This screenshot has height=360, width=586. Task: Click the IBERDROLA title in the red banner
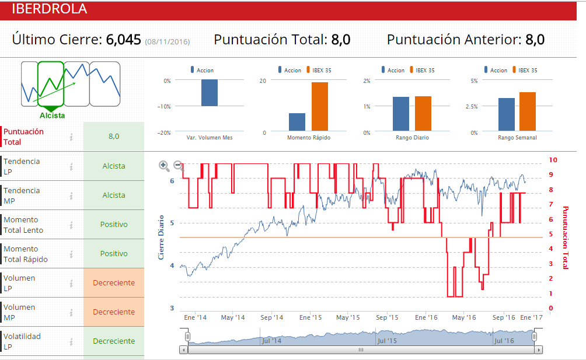[49, 9]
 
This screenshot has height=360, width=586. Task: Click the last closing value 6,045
[123, 40]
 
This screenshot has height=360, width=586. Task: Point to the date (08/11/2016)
[168, 41]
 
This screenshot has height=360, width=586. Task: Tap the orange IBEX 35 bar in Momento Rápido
[319, 107]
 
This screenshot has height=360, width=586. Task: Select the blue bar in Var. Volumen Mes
[210, 93]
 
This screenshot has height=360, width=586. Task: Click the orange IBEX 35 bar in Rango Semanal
[527, 112]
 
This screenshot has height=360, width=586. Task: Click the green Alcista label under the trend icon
[53, 116]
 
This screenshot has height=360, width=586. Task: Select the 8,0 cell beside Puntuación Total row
[114, 137]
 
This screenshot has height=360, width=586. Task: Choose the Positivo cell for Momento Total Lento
[114, 225]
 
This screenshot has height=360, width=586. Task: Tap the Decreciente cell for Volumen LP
[114, 283]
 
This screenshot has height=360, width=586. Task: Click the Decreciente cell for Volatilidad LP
[114, 341]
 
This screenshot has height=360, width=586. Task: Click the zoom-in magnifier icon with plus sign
[164, 166]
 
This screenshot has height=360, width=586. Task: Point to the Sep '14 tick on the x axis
[271, 317]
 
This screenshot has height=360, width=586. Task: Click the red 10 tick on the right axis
[553, 160]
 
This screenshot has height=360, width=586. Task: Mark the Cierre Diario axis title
[162, 237]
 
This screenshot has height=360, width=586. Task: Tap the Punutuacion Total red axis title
[565, 237]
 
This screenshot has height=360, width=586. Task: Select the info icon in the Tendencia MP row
[71, 195]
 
